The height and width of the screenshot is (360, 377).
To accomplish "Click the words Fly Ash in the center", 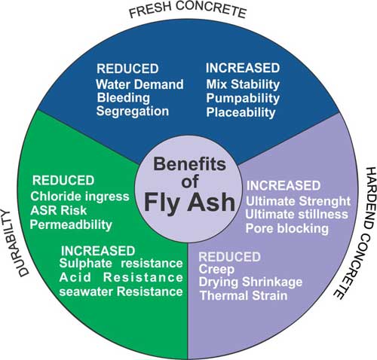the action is point(190,203).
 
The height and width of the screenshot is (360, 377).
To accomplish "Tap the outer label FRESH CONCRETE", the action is point(188,10).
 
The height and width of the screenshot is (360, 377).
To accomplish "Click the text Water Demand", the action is point(139,84).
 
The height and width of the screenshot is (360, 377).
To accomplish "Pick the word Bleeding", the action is point(124,98).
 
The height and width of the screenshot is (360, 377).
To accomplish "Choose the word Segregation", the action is point(133,111).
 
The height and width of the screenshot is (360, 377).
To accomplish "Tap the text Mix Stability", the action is point(243,84).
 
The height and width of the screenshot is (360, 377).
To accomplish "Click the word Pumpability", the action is point(243,99).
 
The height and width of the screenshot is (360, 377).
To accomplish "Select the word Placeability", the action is point(241,112).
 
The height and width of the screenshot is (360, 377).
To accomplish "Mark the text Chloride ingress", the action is point(80,197).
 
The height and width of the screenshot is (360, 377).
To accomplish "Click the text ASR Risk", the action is point(59,210).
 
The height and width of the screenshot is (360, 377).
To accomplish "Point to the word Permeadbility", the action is point(71,224).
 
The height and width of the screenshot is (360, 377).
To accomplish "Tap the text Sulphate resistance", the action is point(121,264).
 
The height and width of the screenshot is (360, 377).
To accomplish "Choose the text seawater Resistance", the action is point(121,291).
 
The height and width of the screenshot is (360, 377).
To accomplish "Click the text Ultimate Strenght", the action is point(298,201).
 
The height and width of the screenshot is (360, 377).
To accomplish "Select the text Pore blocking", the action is point(287,229).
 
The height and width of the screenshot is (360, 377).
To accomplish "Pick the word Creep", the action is point(216,270).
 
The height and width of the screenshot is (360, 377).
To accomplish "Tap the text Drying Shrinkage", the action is point(250,282).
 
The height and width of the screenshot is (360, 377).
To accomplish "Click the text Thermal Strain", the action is point(244,295).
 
